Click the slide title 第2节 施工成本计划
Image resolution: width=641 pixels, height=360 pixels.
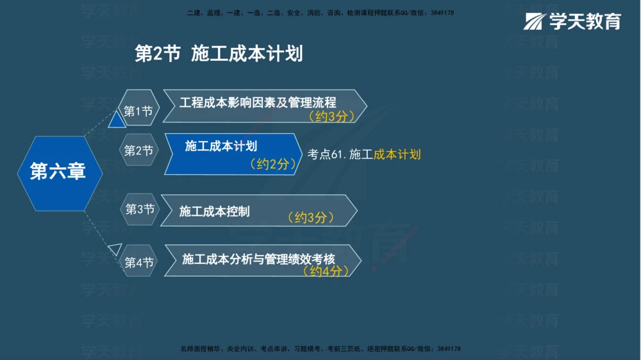[219, 54]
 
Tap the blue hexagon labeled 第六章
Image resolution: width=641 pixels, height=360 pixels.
[58, 172]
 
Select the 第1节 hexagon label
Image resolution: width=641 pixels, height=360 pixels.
[138, 111]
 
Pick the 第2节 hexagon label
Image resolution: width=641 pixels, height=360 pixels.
[138, 151]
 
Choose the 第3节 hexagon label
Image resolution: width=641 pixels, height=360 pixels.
[140, 209]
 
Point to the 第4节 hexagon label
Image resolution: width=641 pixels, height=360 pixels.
[138, 263]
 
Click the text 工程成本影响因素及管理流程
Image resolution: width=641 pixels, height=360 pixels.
[258, 102]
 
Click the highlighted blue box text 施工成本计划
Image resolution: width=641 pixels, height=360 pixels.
[221, 146]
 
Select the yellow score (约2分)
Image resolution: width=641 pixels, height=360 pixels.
[273, 165]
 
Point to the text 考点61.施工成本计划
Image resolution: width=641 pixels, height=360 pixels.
[364, 154]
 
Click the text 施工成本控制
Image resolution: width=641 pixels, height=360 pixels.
[214, 211]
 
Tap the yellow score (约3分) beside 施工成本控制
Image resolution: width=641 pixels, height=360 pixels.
[311, 218]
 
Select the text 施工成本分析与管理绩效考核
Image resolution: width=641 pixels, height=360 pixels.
[258, 259]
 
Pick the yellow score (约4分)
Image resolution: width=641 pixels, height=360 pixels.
[326, 271]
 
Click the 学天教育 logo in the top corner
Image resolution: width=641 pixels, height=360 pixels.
[572, 21]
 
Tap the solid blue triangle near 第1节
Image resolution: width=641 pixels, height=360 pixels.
[117, 120]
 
